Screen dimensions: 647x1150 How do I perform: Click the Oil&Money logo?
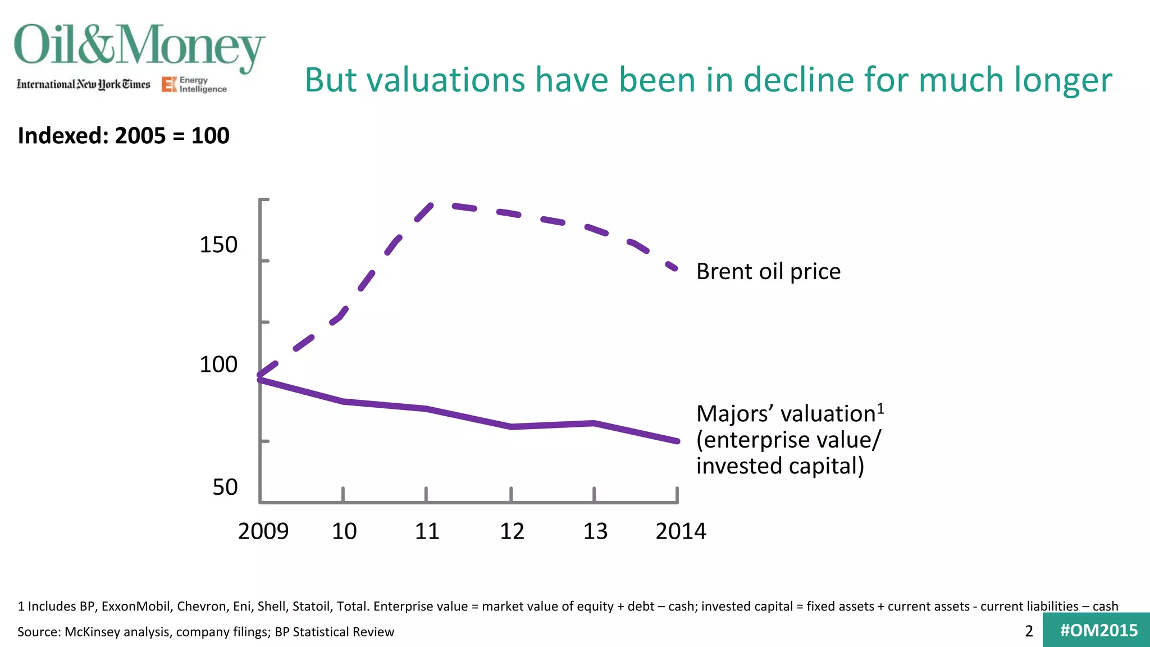tap(139, 46)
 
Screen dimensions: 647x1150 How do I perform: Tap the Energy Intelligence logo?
tap(194, 85)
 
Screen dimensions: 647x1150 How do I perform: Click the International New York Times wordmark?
tap(84, 84)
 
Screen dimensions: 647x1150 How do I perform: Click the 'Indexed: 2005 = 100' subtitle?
tap(124, 135)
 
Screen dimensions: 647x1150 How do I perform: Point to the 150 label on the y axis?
tap(218, 245)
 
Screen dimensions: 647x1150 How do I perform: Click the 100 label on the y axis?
tap(218, 364)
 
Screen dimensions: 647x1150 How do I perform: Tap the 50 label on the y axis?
tap(225, 487)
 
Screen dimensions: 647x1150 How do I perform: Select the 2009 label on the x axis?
tap(263, 531)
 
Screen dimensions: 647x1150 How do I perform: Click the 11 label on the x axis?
tap(427, 531)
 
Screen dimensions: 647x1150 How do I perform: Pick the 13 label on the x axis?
tap(595, 531)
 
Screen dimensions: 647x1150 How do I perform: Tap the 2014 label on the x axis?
tap(681, 531)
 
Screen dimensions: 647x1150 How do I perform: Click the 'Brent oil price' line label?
tap(768, 271)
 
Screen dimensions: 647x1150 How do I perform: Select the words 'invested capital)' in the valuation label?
tap(780, 466)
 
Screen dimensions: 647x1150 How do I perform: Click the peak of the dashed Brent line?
tap(444, 205)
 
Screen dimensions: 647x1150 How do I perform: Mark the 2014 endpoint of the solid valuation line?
tap(677, 441)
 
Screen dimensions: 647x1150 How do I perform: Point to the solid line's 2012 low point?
tap(512, 427)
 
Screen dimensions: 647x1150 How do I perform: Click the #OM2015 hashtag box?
tap(1098, 630)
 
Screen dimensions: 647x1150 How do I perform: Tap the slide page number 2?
tap(1029, 631)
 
